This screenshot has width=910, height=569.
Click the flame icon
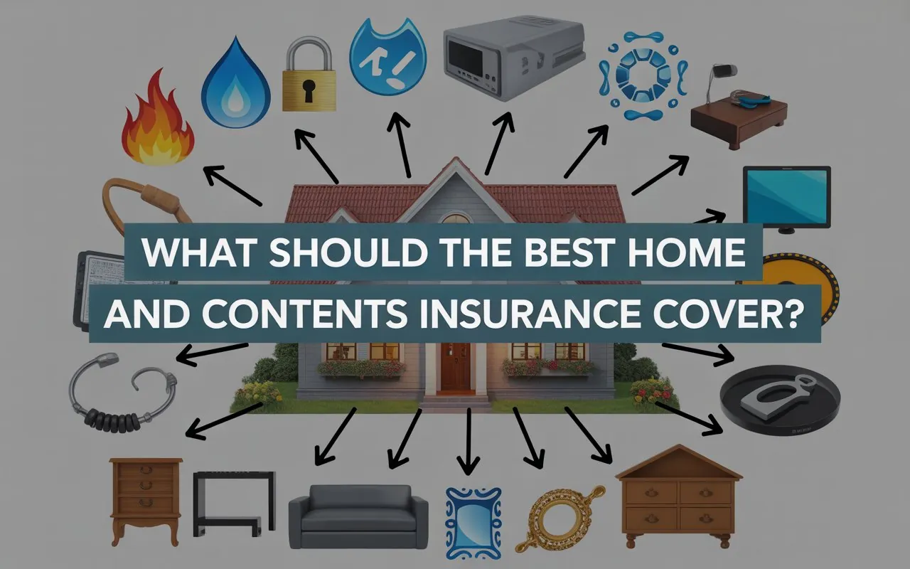(158, 120)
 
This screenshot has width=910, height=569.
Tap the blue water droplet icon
(236, 83)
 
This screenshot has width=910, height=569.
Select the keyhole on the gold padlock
(309, 90)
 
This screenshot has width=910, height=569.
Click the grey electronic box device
(514, 57)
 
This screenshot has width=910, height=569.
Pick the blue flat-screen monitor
(786, 198)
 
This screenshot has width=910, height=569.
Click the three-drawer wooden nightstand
(146, 501)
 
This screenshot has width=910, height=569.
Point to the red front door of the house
(456, 366)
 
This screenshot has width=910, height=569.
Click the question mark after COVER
(795, 314)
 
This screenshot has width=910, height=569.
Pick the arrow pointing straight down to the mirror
(469, 441)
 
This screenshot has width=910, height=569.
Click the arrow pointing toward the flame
(232, 186)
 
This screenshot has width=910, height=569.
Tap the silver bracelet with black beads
(122, 392)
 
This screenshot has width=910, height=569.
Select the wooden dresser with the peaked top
(679, 496)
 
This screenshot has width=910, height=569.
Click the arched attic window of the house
(456, 218)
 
